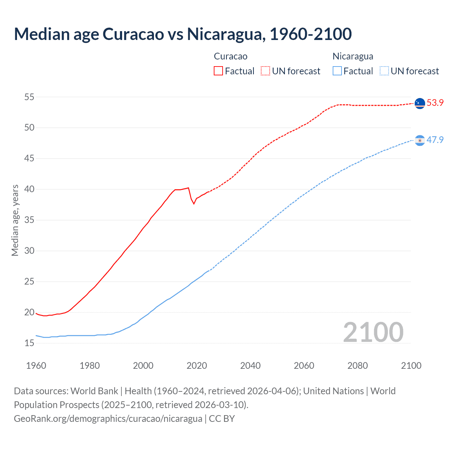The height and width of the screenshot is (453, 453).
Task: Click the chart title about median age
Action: point(183,34)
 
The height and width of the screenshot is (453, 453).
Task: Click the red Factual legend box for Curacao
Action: point(218,71)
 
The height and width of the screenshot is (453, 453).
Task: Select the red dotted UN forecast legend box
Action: point(265,71)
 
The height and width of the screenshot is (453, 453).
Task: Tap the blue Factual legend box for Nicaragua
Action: point(337,71)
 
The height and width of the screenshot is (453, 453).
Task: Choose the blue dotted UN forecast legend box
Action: point(384,71)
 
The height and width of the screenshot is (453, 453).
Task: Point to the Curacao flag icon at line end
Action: point(420,103)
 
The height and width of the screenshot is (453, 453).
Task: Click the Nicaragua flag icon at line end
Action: point(420,141)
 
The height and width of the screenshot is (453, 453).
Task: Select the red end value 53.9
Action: point(435,103)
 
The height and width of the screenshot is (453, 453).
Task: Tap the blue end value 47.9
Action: point(435,140)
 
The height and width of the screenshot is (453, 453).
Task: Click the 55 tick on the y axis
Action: point(29,97)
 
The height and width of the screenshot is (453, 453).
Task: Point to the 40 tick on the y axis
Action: point(29,189)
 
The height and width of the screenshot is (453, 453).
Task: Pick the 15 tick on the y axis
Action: point(29,343)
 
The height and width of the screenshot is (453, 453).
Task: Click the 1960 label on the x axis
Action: point(36,366)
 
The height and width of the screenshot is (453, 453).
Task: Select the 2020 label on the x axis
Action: point(197,366)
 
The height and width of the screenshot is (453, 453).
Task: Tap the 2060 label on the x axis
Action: point(304,366)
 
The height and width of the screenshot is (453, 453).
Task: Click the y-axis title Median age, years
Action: point(15,220)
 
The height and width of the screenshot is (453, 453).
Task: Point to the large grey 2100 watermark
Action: point(373,332)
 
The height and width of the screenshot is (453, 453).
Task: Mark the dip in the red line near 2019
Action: point(194,203)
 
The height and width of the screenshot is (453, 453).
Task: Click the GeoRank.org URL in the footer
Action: point(108,419)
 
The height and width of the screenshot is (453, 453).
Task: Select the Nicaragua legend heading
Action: point(353,56)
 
